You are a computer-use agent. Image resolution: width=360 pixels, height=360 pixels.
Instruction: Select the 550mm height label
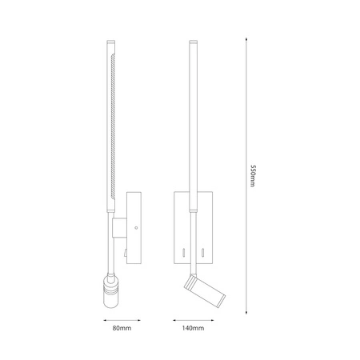pos(253,174)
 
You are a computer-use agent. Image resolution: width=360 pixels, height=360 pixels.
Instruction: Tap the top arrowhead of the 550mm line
pos(243,41)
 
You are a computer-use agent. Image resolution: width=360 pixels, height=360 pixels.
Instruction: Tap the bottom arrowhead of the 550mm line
pos(243,309)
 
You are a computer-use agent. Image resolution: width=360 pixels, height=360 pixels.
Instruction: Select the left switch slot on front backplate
pos(182,253)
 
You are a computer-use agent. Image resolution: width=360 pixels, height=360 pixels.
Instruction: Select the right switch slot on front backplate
pos(204,253)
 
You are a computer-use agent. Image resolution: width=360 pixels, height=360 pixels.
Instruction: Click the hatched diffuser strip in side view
pos(117,120)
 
